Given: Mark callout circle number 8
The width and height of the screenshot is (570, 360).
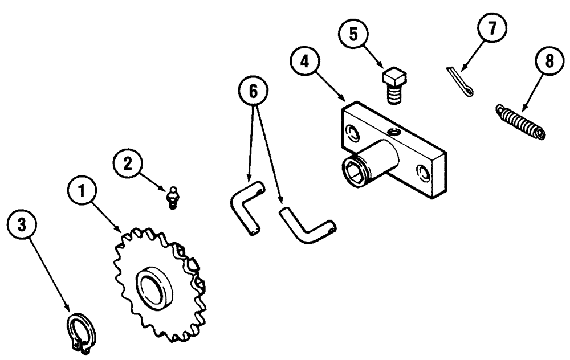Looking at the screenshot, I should point(549,62).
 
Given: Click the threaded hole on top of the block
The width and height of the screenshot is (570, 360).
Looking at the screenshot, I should point(392,132).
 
